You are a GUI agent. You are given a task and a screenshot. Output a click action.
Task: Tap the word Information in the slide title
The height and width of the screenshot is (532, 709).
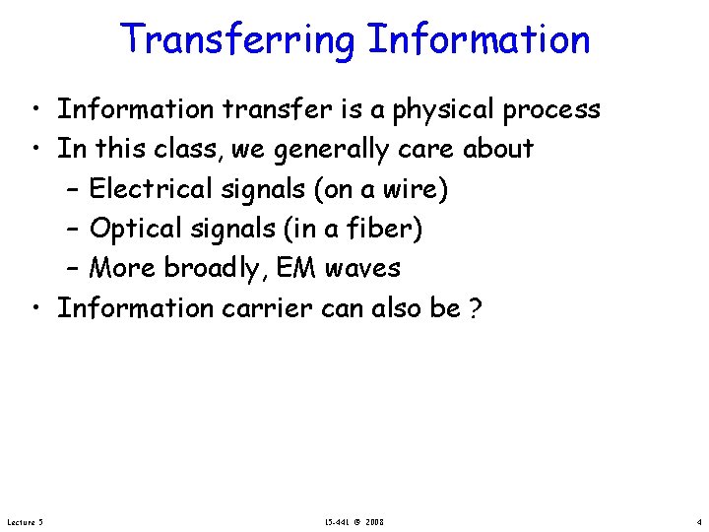479,40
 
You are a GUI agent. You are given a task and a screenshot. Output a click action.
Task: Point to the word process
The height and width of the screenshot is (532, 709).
551,109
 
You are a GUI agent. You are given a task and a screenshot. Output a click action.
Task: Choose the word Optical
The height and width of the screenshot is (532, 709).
134,229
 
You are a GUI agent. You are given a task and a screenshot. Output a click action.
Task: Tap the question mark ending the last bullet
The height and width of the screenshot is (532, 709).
476,309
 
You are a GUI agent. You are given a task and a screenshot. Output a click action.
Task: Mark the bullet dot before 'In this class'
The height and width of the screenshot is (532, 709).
34,150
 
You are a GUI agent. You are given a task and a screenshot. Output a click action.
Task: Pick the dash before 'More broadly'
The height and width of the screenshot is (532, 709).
76,269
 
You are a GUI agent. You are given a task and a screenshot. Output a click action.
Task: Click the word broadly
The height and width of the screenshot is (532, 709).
218,269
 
